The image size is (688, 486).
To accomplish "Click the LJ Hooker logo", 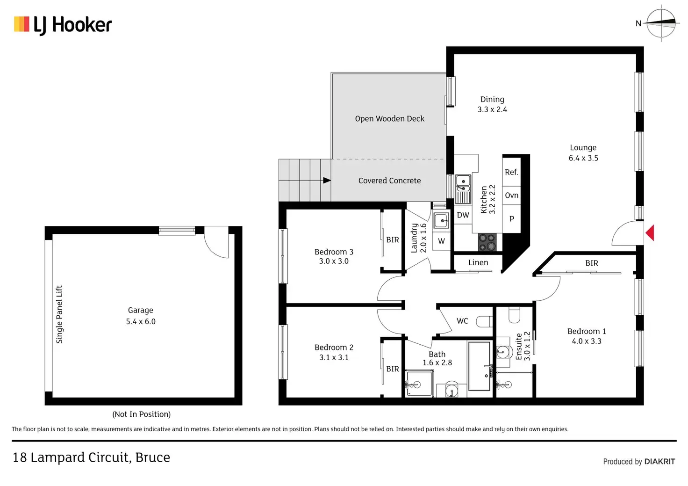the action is click(x=63, y=25).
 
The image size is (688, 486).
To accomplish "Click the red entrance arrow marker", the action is click(x=650, y=232).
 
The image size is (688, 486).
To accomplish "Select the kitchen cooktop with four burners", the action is click(x=487, y=242).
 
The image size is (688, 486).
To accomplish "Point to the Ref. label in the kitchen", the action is click(x=511, y=172).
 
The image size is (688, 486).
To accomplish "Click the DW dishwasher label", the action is click(x=463, y=215).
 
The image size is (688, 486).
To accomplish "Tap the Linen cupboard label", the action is click(x=478, y=262).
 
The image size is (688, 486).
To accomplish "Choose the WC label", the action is click(x=462, y=321).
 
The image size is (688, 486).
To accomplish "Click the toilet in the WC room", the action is click(x=484, y=321).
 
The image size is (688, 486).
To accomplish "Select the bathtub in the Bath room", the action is click(x=479, y=366).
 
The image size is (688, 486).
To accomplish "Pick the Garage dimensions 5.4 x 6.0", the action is click(x=141, y=321).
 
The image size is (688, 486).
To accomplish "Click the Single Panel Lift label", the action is click(x=59, y=314).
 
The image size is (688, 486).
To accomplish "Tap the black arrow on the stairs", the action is click(x=327, y=181).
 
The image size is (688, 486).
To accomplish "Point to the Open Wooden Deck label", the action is click(x=389, y=119).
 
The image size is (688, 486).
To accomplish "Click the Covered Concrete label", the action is click(x=389, y=181).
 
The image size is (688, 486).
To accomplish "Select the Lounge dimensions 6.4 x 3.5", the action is click(x=583, y=158).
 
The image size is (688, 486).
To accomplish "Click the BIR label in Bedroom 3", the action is click(x=393, y=240).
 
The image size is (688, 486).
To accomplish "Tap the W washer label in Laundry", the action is click(x=441, y=241).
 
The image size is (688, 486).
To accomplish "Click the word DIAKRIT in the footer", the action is click(x=659, y=461).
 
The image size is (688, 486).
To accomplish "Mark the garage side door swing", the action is click(x=216, y=243).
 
